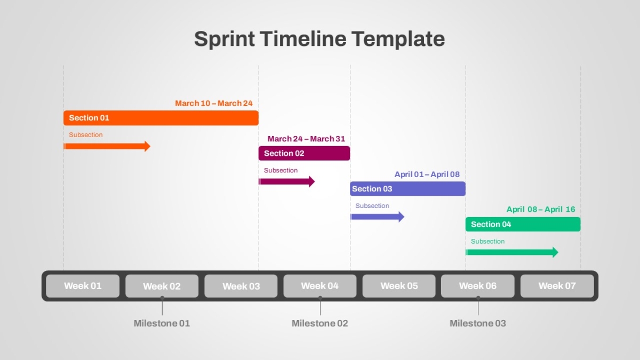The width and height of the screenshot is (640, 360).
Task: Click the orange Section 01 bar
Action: click(x=161, y=118)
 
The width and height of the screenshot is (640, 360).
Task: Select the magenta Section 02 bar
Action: click(x=305, y=153)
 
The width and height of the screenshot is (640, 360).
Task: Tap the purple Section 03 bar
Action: click(x=407, y=189)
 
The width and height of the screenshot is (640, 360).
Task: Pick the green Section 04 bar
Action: click(x=523, y=225)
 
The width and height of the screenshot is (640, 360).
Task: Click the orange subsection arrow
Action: click(x=107, y=146)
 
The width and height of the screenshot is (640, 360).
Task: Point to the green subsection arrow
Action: click(x=511, y=252)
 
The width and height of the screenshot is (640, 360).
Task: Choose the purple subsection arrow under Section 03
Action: click(x=377, y=217)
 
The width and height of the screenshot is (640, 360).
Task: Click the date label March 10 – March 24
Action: click(x=214, y=103)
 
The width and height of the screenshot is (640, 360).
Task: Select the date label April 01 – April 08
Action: click(x=427, y=174)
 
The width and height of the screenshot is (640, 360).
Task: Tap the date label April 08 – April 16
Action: click(x=541, y=210)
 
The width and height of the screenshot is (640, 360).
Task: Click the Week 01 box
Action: click(x=83, y=286)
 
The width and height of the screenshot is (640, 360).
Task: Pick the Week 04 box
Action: click(x=319, y=286)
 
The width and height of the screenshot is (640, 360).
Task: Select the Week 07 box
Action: click(x=557, y=286)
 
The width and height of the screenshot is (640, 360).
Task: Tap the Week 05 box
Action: click(x=399, y=286)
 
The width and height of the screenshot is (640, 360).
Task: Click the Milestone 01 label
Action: click(x=162, y=323)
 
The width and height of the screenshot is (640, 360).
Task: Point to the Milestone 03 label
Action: click(x=478, y=323)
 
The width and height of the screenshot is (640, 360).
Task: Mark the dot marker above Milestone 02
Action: click(x=320, y=298)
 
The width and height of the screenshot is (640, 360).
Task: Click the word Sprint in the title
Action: click(x=225, y=39)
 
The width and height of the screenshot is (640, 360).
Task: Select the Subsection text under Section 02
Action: click(x=281, y=170)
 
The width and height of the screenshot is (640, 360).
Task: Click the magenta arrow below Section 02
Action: click(x=286, y=181)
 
